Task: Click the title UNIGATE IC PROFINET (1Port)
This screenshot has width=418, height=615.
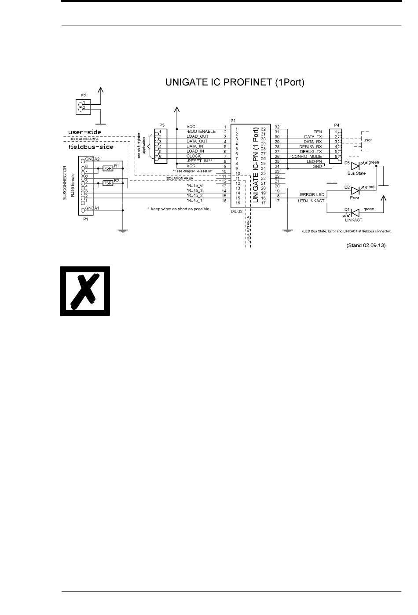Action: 234,82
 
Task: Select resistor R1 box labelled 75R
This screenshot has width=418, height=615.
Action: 108,168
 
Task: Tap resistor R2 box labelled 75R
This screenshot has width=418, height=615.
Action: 108,183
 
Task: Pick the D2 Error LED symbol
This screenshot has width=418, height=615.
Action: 356,190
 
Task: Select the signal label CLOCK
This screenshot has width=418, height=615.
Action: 194,156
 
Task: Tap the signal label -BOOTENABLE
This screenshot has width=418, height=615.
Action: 201,132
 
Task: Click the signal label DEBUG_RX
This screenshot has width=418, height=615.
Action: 311,146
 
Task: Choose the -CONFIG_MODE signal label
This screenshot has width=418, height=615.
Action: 306,157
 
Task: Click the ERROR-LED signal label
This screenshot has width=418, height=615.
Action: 312,194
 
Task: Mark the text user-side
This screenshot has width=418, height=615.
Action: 84,132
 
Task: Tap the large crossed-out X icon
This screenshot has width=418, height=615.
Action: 85,291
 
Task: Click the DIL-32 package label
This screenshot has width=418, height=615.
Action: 237,212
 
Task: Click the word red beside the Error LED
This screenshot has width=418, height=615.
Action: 371,187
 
